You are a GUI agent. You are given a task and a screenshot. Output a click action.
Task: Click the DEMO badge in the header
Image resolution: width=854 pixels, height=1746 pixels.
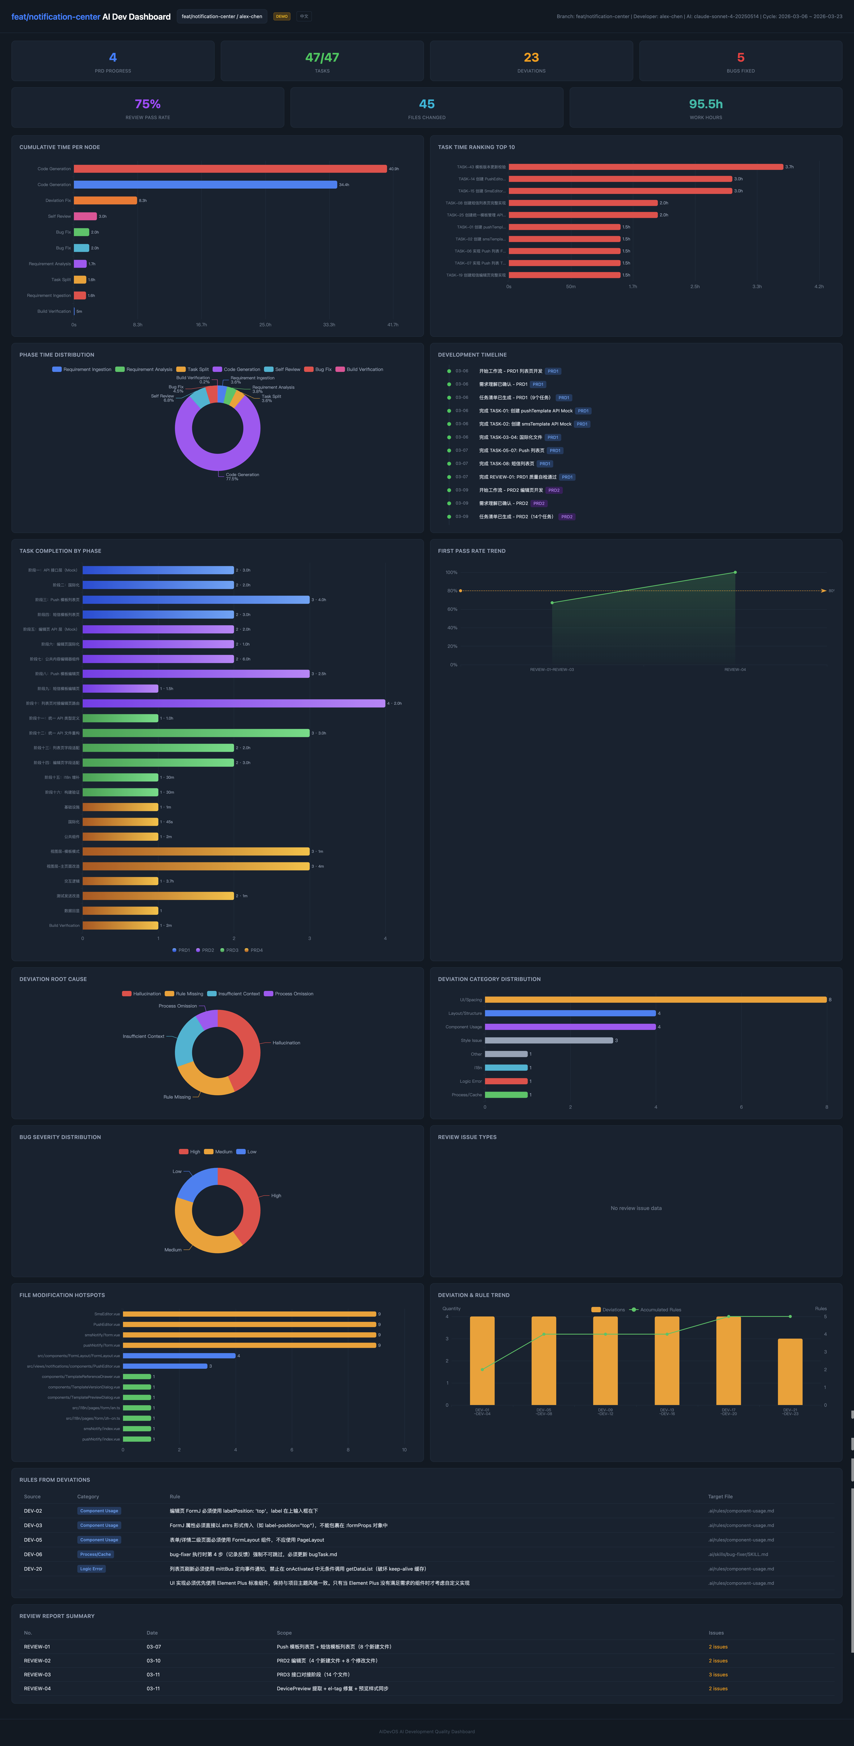[281, 16]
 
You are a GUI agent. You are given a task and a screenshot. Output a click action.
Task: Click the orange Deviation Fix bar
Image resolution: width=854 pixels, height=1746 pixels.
[105, 201]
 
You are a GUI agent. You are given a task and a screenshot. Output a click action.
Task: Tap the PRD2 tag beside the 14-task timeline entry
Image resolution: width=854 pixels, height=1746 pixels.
[566, 517]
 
